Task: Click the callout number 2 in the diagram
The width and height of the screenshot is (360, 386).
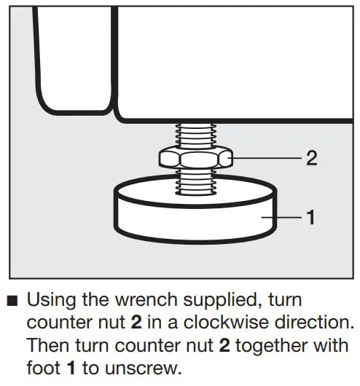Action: click(x=311, y=157)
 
